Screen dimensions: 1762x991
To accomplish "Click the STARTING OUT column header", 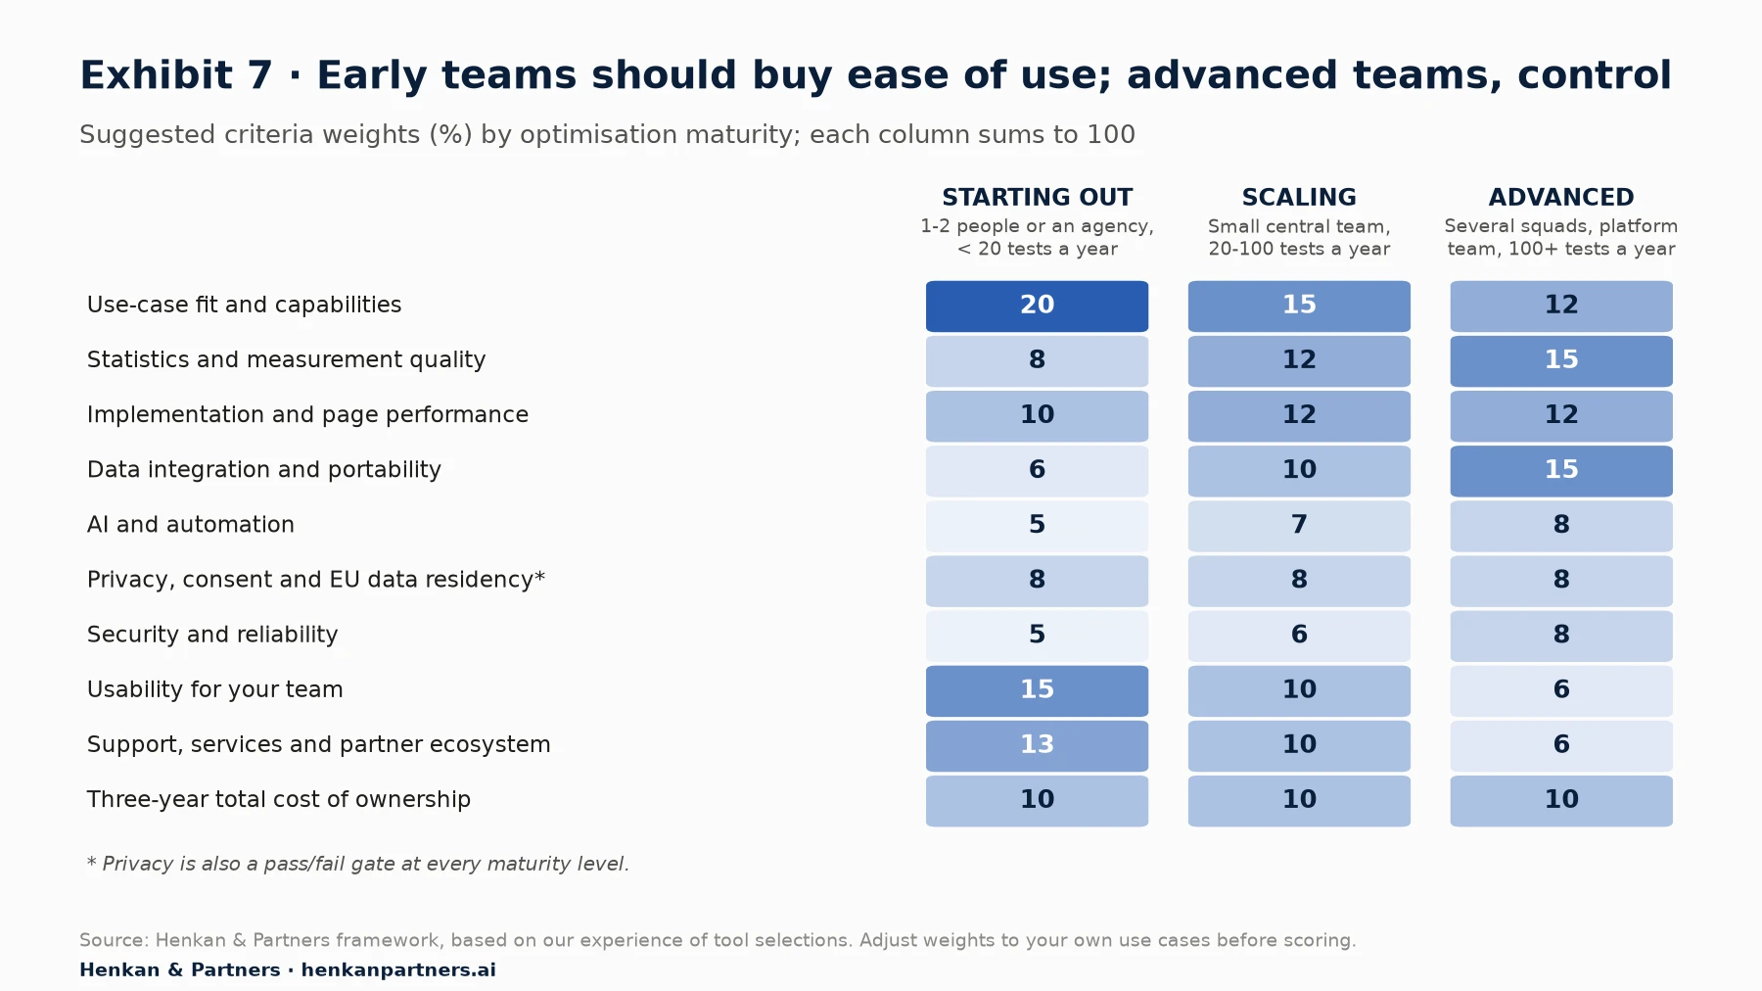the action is pos(1037,197).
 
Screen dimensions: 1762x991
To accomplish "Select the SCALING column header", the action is pos(1299,197).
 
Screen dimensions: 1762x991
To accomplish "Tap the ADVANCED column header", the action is pos(1561,197).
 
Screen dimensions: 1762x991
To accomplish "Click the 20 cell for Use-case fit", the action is pos(1037,306).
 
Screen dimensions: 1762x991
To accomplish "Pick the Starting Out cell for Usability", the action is pos(1037,690).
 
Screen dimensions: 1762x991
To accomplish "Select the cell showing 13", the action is pos(1037,745).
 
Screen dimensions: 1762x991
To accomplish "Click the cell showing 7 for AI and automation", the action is pos(1299,526).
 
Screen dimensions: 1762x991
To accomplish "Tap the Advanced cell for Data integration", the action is pos(1561,471).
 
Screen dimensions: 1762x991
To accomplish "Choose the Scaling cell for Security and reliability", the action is pos(1299,636).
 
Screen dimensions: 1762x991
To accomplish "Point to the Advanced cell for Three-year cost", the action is pos(1561,800).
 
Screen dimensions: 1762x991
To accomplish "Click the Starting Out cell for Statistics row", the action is pos(1037,360).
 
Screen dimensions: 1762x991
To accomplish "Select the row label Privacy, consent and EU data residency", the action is pos(315,580).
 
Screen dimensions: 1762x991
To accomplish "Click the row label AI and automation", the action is pos(191,525).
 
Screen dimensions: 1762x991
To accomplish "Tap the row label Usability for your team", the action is pos(215,689).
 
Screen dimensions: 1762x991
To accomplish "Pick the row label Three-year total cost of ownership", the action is pos(279,799).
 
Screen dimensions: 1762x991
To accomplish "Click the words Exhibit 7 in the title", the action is pos(176,75).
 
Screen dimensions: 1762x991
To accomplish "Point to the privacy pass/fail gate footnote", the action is pos(358,864).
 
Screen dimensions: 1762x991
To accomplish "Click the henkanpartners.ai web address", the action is pos(398,969).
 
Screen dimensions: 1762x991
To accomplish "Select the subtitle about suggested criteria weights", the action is pos(607,134).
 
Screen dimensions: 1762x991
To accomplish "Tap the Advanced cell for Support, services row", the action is pos(1561,745).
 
